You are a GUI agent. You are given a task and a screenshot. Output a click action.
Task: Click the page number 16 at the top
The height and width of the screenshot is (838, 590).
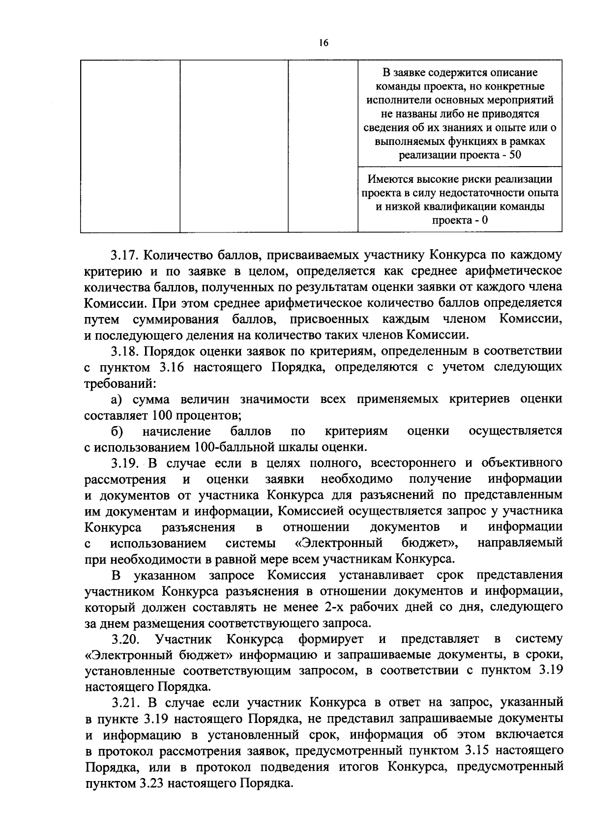point(323,43)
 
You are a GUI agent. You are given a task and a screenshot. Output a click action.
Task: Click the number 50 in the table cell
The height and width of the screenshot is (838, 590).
point(515,155)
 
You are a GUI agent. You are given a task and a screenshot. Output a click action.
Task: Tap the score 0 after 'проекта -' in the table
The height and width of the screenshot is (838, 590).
point(484,220)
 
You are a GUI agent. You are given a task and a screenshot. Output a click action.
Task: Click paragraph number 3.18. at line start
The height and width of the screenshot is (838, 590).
point(126,351)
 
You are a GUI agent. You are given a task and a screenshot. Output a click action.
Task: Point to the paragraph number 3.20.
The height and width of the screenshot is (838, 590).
point(126,639)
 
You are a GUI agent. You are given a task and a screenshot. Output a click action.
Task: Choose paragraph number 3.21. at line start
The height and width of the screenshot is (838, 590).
point(126,703)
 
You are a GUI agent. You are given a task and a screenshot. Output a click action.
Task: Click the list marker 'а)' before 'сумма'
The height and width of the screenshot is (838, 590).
point(117,399)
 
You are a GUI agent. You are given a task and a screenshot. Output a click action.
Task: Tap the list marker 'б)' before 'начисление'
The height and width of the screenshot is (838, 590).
point(117,431)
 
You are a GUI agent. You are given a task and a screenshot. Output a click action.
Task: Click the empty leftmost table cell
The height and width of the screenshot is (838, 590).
point(130,145)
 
